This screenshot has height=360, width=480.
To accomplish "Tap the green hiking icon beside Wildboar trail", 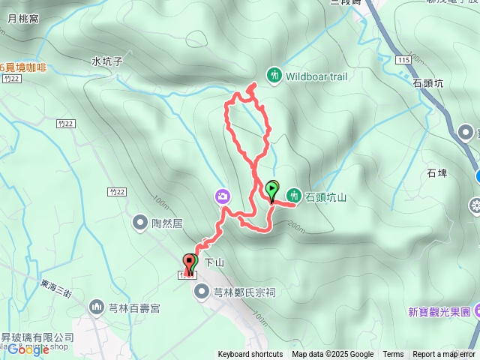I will coord(274,74).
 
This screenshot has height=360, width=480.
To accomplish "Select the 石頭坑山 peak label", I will coord(326,197).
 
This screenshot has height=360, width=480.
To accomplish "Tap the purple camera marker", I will coord(223,196).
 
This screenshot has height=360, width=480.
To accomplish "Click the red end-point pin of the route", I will coord(187,262).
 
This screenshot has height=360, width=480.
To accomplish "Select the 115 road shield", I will coord(404,59).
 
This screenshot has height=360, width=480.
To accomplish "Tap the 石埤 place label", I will coord(437,173).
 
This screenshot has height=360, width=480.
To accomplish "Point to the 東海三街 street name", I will coord(57,285).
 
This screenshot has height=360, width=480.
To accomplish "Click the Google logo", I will coord(28,349).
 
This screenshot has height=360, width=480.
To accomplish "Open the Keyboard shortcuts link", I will coord(250,355).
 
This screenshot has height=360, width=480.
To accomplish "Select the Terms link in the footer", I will coord(393,355).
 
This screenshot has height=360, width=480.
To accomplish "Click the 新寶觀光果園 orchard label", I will coord(439,311).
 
